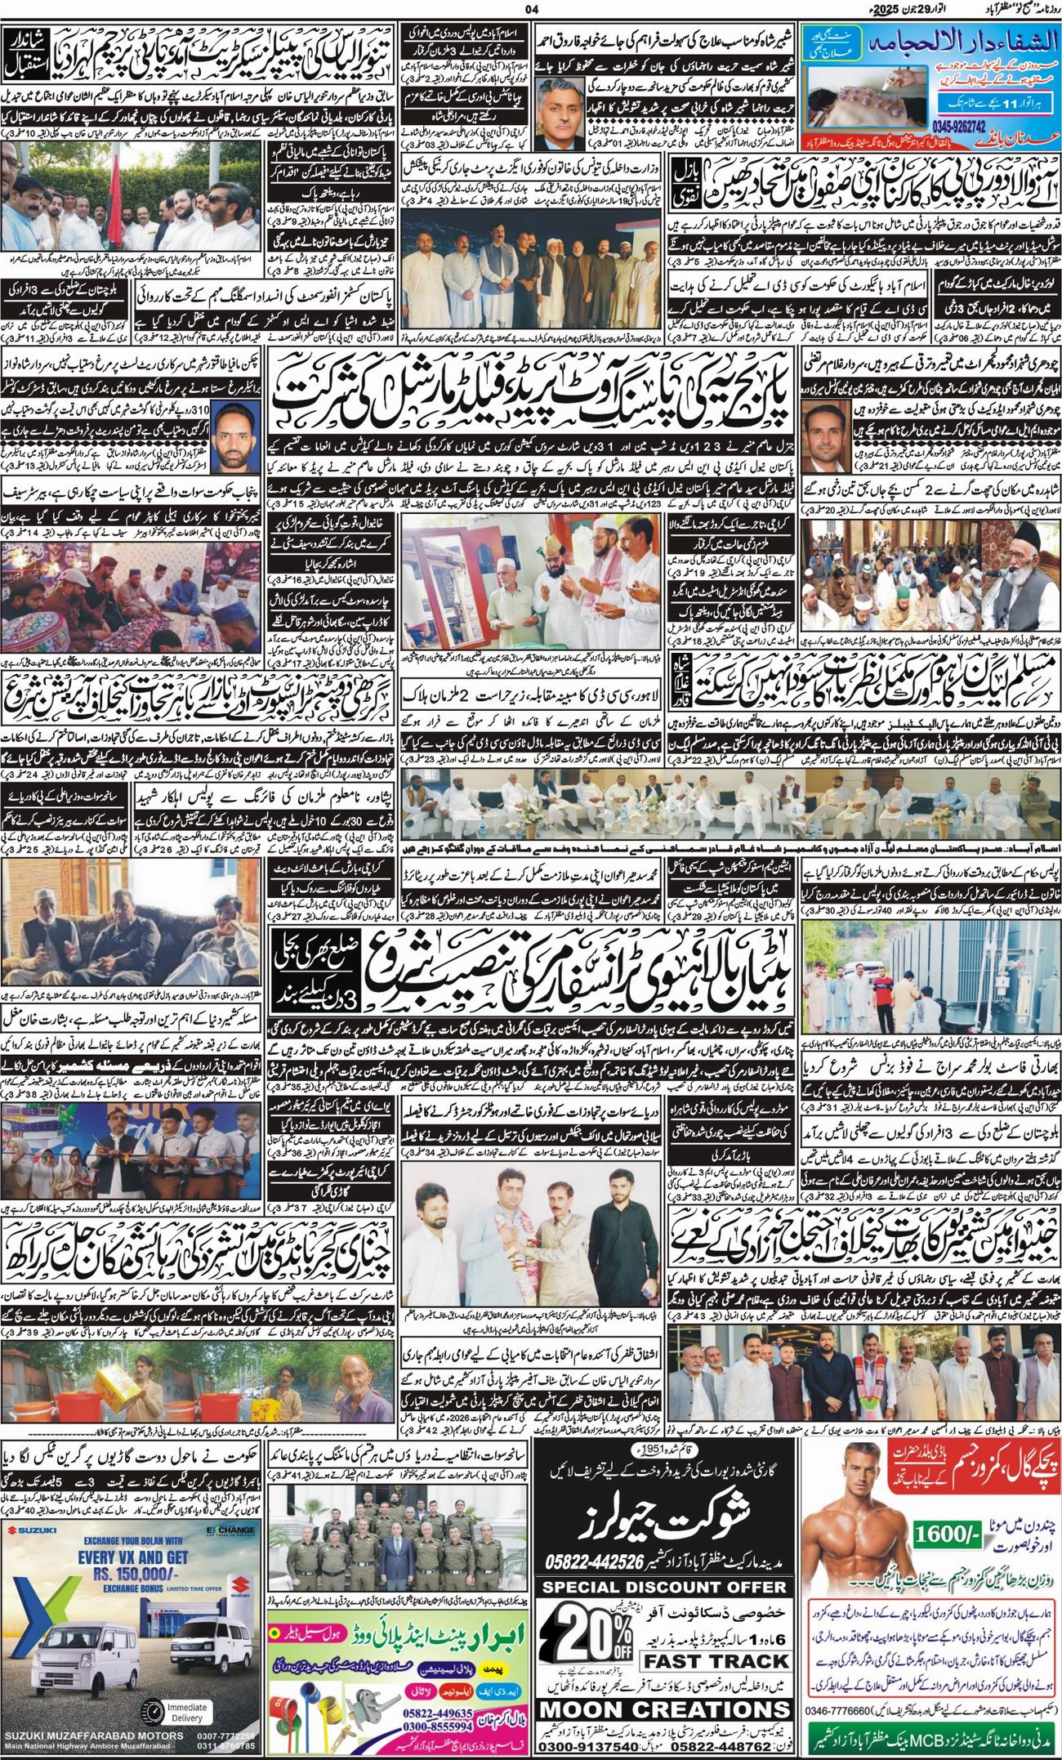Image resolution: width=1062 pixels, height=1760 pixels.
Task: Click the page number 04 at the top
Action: pos(534,9)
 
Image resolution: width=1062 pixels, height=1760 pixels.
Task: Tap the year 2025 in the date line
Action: pos(886,10)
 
